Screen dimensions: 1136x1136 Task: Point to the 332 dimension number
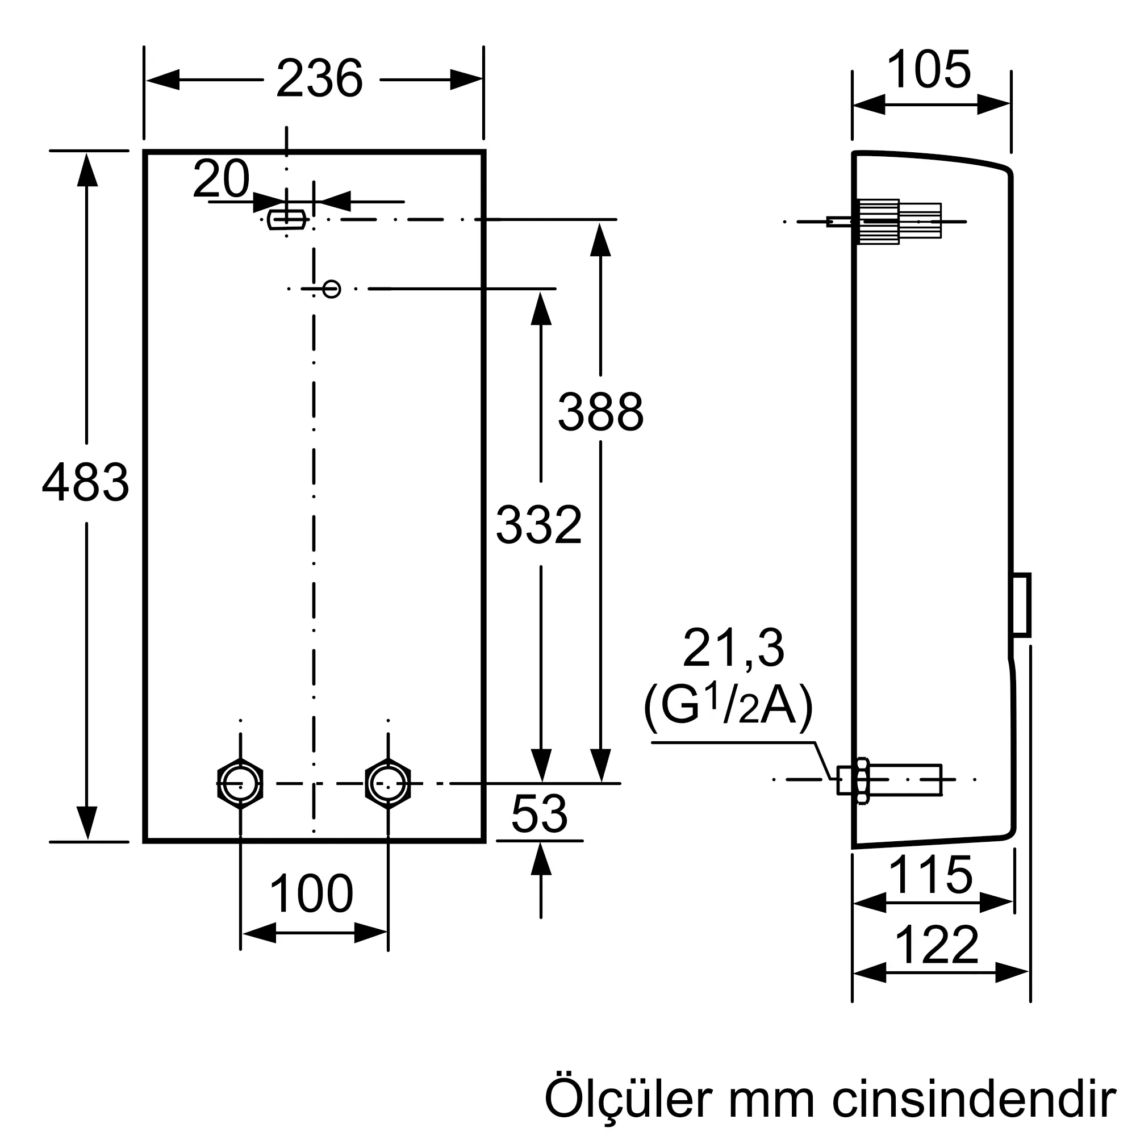click(538, 525)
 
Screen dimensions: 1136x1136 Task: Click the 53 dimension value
click(539, 814)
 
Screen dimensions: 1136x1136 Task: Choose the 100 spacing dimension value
click(311, 893)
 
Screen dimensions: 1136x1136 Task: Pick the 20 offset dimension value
click(221, 179)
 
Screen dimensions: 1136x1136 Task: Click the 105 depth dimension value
click(929, 70)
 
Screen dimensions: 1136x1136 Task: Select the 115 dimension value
click(931, 875)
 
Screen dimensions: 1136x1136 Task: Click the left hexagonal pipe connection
click(240, 784)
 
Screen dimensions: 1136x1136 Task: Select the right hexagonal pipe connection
click(387, 784)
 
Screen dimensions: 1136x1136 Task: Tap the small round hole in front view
click(332, 289)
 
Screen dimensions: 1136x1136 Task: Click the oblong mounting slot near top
click(286, 219)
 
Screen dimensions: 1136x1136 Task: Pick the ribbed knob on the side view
click(879, 222)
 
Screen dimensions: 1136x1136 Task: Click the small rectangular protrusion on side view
click(1021, 604)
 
